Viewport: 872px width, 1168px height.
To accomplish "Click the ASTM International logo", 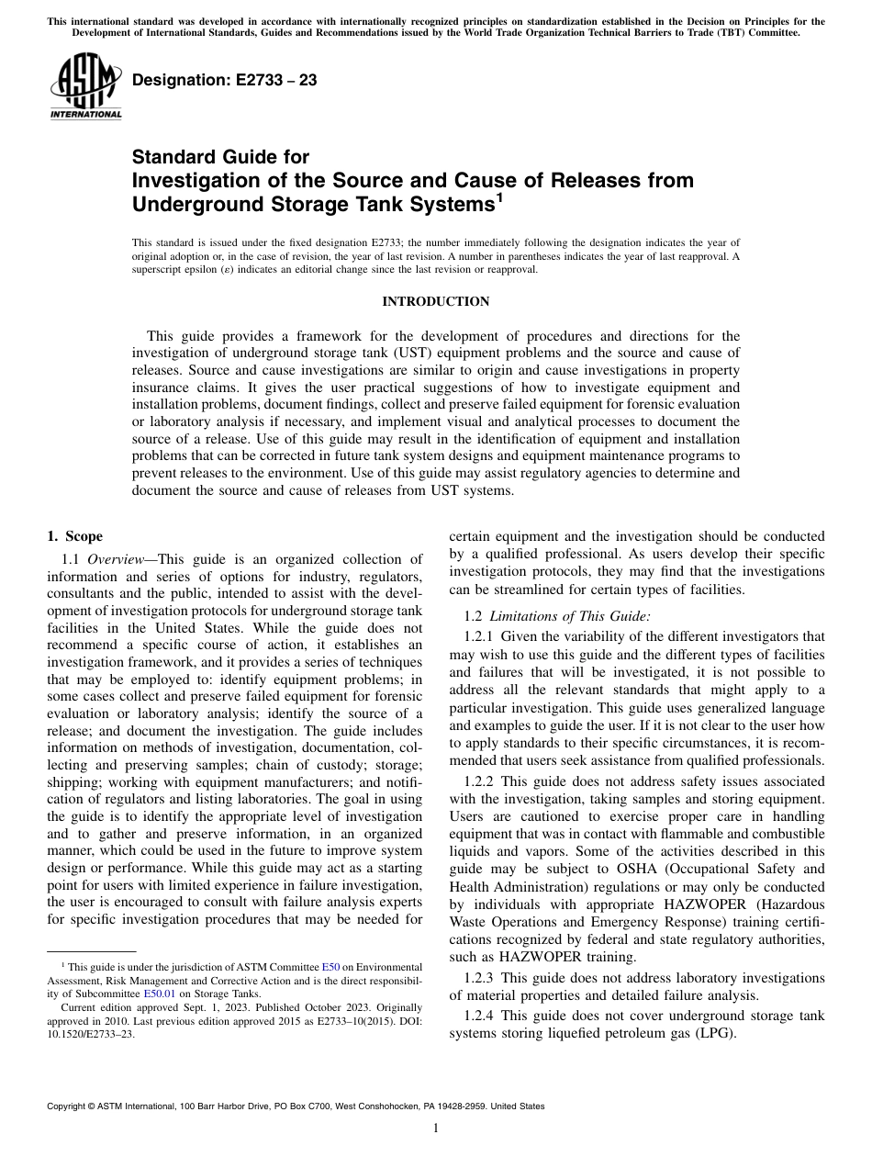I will (84, 86).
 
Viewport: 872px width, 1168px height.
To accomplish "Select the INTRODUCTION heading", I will (435, 302).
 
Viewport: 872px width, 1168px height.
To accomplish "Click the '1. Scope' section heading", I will (75, 537).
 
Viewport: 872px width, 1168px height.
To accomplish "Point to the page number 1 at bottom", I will (436, 1129).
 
